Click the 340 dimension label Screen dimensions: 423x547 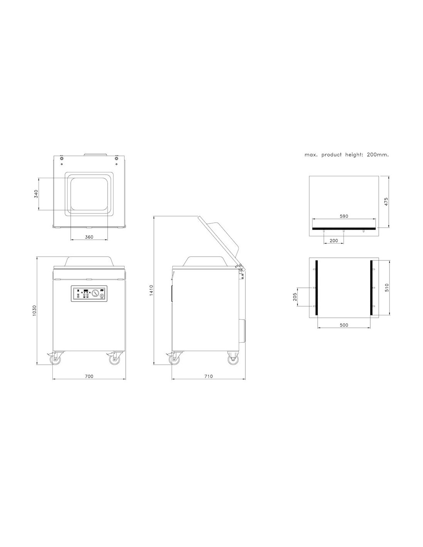[x=36, y=194]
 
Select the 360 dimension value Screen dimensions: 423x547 [x=89, y=237]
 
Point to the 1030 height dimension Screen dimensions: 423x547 [x=35, y=310]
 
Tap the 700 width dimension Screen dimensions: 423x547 [x=89, y=376]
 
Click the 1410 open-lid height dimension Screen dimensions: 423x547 [x=151, y=290]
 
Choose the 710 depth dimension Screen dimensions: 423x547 [x=208, y=376]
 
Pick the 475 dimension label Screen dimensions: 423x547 [x=386, y=202]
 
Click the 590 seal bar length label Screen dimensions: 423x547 [x=344, y=216]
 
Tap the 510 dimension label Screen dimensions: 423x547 [x=387, y=287]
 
